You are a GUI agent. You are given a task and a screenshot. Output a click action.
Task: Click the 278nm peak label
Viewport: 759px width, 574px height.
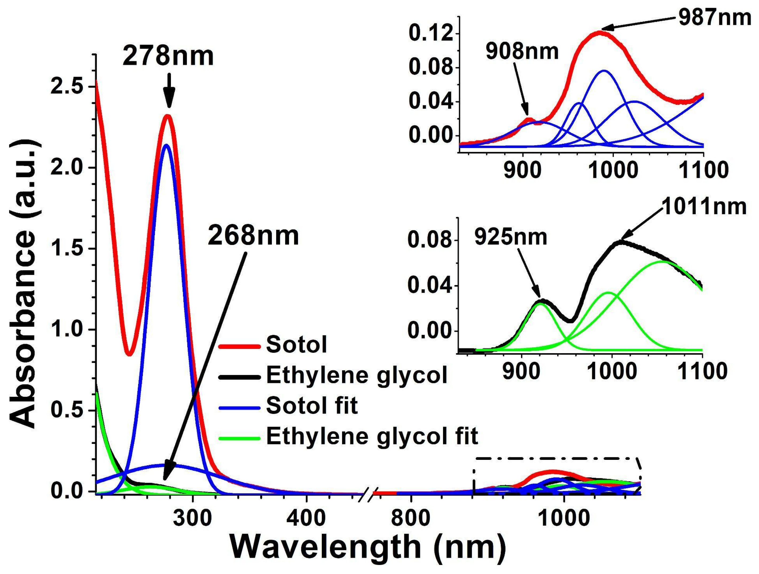coord(168,56)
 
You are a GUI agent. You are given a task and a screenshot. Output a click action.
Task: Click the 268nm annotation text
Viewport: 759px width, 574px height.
coord(253,236)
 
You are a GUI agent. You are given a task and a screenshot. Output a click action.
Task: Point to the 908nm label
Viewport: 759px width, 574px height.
coord(522,52)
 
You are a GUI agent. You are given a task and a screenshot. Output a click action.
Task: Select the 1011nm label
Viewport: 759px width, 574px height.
coord(703,207)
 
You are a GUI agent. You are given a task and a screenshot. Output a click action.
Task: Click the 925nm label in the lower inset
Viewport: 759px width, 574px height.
coord(511,237)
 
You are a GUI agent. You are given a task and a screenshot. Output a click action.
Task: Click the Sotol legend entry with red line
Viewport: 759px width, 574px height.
coord(296,345)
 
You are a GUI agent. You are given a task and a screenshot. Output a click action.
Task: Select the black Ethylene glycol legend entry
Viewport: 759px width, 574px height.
coord(357,375)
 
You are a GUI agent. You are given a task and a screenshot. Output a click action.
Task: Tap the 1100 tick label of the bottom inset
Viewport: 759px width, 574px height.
coord(703,372)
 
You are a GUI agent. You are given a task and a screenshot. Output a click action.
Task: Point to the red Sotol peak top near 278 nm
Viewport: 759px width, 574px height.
coord(167,116)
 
